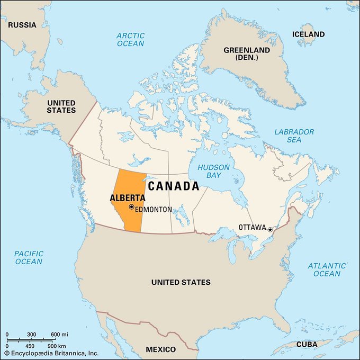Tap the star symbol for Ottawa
point(270,230)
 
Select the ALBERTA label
point(128,198)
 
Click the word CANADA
point(174,186)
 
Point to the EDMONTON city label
point(154,210)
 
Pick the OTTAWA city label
point(252,227)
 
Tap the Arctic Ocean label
point(130,40)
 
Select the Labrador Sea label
point(294,136)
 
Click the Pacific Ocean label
point(29,257)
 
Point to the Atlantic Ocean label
point(327,269)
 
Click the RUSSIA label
point(22,25)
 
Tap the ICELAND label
point(309,34)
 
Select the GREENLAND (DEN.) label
point(246,54)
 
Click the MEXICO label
point(161,349)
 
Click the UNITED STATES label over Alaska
point(61,106)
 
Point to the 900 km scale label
point(57,345)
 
